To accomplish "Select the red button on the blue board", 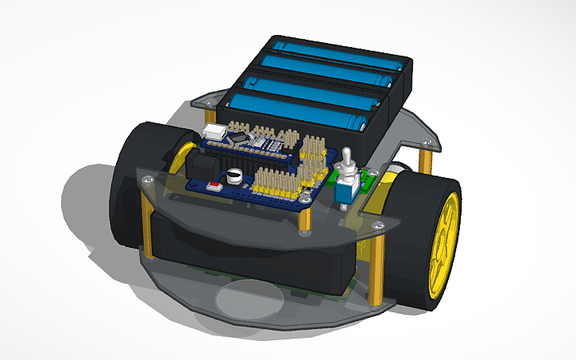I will (x=214, y=188).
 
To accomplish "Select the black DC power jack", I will (x=200, y=168).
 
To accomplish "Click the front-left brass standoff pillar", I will (x=147, y=219).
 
